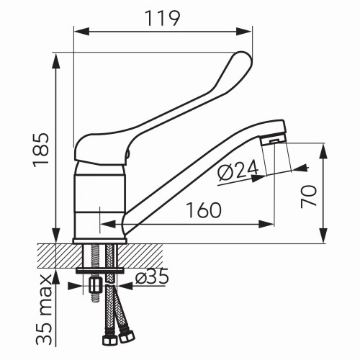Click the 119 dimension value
click(163, 18)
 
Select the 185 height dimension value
click(41, 150)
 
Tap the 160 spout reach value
click(204, 210)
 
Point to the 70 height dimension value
click(309, 197)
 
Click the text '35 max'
click(44, 310)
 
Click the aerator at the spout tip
click(274, 140)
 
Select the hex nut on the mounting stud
click(95, 285)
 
